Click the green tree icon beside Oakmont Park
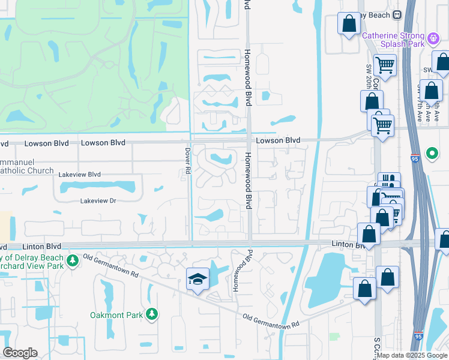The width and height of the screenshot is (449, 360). point(152,314)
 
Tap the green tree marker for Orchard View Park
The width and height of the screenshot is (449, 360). point(73,261)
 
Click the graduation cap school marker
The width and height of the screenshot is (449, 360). point(197,279)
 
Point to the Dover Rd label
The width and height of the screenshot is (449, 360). point(187,162)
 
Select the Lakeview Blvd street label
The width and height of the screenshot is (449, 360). point(80,174)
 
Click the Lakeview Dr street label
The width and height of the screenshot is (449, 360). point(98,201)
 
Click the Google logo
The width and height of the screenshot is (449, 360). point(20,353)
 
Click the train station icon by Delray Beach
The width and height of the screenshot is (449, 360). point(396,14)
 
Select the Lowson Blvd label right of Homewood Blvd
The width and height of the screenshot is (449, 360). point(278,140)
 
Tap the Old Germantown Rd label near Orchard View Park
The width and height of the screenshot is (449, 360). point(111,266)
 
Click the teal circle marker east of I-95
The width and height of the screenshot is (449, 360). point(432,153)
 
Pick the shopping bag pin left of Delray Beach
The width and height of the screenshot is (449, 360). point(349,24)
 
